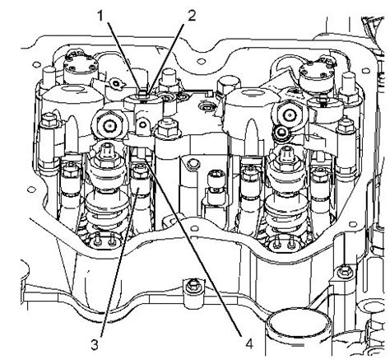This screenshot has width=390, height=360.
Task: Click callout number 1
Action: pyautogui.click(x=100, y=16)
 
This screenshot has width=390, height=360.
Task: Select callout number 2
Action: pyautogui.click(x=192, y=16)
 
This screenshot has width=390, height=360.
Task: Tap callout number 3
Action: pyautogui.click(x=95, y=344)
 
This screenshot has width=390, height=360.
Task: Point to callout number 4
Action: pyautogui.click(x=248, y=344)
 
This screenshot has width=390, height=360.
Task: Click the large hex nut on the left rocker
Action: pyautogui.click(x=109, y=125)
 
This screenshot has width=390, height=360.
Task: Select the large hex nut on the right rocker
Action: pyautogui.click(x=289, y=114)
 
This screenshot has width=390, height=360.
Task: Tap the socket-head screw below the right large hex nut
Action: pyautogui.click(x=281, y=133)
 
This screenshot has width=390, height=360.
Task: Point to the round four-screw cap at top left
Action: pyautogui.click(x=81, y=65)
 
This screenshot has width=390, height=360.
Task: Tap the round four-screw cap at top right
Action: pyautogui.click(x=317, y=72)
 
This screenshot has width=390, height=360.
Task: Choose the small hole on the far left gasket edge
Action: pyautogui.click(x=32, y=189)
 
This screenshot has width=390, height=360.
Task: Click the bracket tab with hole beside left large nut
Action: pyautogui.click(x=142, y=126)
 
